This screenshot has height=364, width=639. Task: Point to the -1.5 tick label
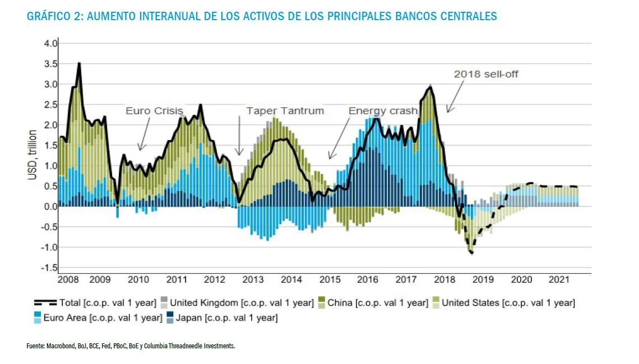click(49, 268)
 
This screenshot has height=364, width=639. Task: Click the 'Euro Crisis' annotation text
click(154, 111)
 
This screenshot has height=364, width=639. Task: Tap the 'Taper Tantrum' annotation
click(285, 111)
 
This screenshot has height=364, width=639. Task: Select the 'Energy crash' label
click(383, 111)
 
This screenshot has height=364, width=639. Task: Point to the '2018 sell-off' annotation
click(486, 74)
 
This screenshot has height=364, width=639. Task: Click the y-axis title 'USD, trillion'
click(33, 156)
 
